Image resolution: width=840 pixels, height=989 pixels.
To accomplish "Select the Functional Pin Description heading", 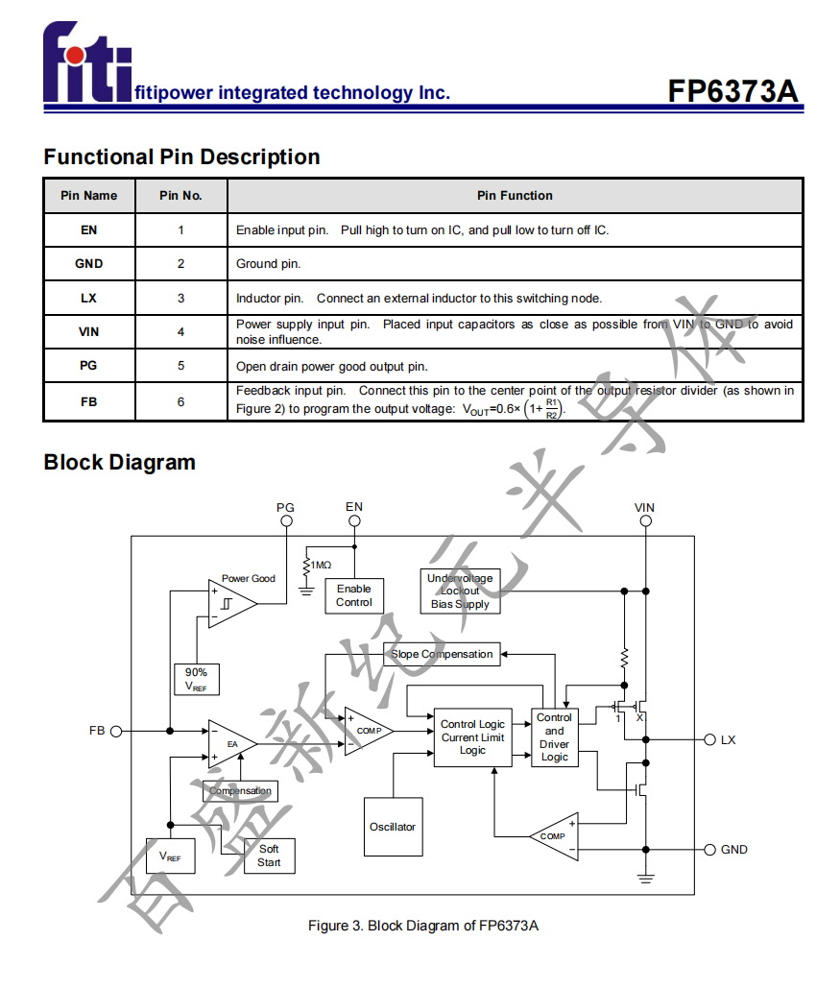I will click(x=181, y=157).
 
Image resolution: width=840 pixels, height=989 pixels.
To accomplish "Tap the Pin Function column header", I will click(x=515, y=196).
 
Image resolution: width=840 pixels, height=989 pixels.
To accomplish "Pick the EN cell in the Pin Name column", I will click(x=88, y=230).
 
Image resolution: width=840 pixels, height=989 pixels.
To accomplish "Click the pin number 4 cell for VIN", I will click(x=180, y=332).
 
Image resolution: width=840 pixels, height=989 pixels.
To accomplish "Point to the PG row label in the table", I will click(x=88, y=366).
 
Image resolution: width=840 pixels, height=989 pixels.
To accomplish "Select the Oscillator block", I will click(x=393, y=827).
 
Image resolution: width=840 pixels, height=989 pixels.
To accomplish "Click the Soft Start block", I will click(x=269, y=856).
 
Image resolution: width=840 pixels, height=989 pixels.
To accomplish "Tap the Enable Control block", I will click(x=353, y=595).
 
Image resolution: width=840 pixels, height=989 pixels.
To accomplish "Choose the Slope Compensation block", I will click(x=442, y=655).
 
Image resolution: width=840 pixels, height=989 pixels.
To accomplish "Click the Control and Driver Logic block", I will click(x=554, y=737).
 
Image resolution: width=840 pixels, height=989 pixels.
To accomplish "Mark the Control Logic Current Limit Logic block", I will click(x=472, y=737).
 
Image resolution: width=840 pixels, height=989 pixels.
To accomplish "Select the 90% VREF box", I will click(x=196, y=680).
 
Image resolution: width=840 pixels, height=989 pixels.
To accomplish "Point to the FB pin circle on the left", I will click(x=116, y=731).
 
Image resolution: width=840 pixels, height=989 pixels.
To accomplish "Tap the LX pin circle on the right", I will click(x=710, y=739).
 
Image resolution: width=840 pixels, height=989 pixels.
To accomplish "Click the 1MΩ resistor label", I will click(x=321, y=566).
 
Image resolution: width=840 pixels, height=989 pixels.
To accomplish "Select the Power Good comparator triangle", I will click(x=230, y=604).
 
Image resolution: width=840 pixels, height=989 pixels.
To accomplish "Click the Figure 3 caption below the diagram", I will click(x=422, y=926).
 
